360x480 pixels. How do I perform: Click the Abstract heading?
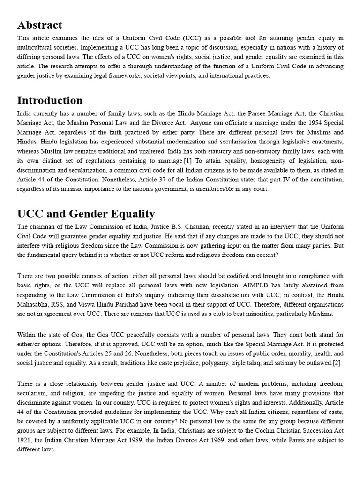[39, 25]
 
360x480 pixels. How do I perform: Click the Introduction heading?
[50, 100]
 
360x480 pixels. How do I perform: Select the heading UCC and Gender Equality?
[86, 214]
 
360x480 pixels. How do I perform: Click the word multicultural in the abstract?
[36, 47]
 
